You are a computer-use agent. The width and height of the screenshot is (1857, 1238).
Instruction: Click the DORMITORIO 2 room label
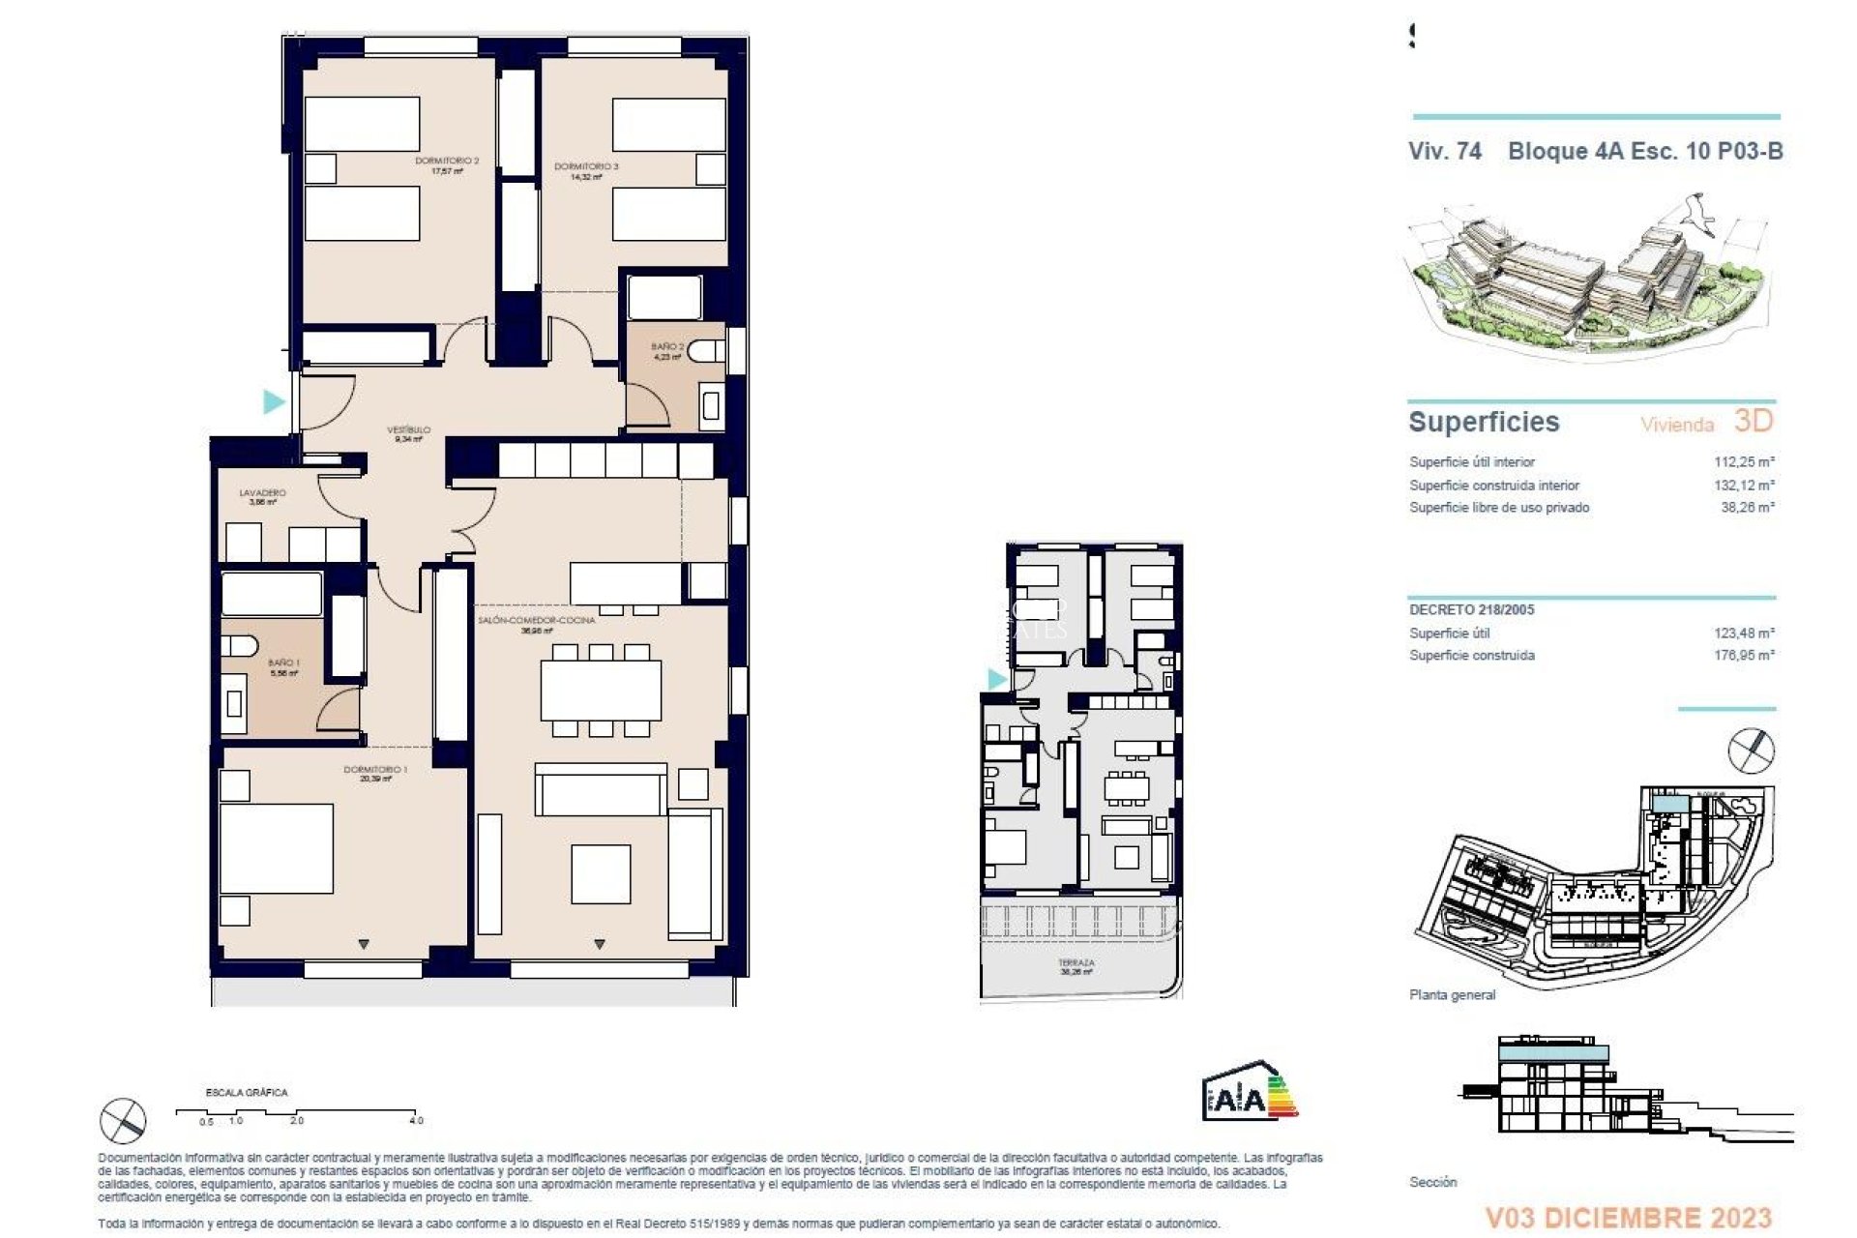coord(447,162)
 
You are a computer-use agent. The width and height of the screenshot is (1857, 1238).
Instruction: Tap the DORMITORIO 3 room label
coord(586,167)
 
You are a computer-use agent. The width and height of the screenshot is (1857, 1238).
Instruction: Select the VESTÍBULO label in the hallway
coord(408,430)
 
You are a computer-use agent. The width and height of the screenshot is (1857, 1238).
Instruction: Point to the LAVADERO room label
coord(262,493)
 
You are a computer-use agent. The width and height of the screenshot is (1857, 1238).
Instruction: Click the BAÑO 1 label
coord(283,663)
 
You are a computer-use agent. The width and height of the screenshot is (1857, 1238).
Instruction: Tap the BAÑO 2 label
coord(667,347)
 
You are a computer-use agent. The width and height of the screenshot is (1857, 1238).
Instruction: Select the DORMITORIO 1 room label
coord(375,771)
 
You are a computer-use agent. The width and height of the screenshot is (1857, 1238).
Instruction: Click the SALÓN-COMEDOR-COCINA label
coord(536,620)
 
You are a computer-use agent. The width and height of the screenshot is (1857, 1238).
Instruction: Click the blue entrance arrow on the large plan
coord(275,400)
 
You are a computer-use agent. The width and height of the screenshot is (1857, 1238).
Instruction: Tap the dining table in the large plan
coord(601,690)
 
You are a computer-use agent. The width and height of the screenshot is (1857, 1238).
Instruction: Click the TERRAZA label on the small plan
coord(1076,963)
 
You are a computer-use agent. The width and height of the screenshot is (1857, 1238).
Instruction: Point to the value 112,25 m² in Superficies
coord(1744,462)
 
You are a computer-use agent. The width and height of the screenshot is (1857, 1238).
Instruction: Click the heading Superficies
coord(1484,423)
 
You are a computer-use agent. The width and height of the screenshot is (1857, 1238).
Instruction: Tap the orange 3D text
coord(1753,421)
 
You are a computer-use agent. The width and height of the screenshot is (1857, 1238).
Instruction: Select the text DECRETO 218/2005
coord(1471,610)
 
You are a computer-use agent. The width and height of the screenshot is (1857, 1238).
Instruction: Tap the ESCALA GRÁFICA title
coord(247,1093)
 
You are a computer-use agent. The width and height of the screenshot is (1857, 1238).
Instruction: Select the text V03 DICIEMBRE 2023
coord(1629,1218)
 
